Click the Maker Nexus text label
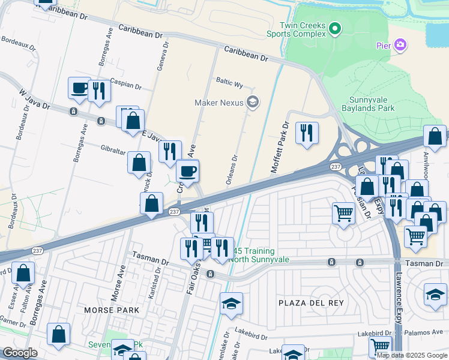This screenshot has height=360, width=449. point(218,103)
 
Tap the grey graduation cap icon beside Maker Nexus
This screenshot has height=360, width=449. point(252,103)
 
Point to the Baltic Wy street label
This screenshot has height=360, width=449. point(229,85)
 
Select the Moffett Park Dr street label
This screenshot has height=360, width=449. point(280,148)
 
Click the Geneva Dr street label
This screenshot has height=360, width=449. point(161,59)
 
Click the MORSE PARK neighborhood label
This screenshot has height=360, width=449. point(112,310)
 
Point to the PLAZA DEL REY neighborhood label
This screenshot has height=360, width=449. point(311,303)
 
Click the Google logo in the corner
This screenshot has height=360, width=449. point(20,353)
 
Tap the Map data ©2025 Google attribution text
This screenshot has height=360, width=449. point(412,355)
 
